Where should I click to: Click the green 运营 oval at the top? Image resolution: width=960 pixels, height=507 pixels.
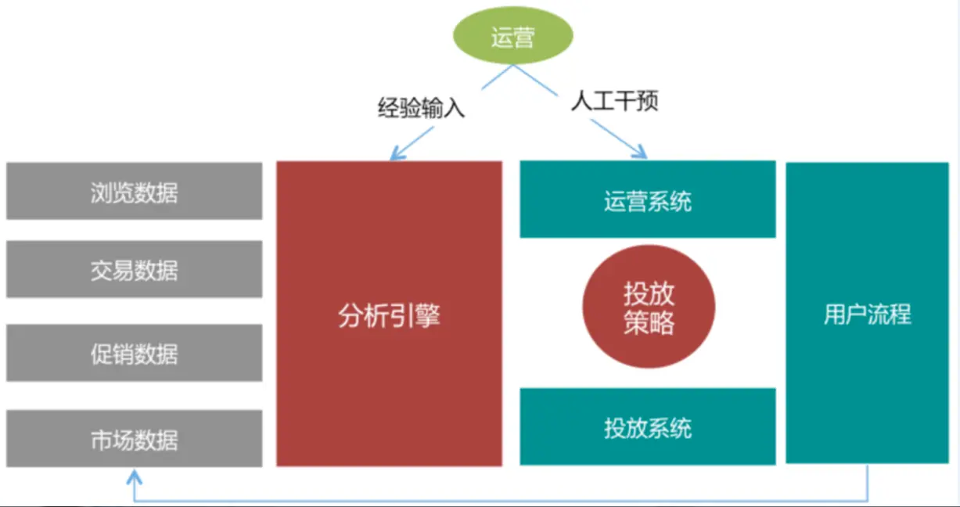point(513,36)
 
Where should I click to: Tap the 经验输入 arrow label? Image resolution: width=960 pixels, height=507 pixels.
point(421,107)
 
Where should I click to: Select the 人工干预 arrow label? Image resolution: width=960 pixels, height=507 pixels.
point(614,102)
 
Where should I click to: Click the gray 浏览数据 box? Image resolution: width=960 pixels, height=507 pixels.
point(134,191)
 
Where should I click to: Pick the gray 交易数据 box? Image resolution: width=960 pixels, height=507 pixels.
point(134,270)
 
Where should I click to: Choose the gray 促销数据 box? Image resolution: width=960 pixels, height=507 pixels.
point(134,354)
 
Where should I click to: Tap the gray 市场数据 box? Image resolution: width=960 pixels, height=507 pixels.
point(134,440)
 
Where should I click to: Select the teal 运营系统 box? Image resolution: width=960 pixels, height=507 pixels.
point(647,200)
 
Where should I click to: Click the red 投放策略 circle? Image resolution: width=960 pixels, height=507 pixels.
point(649,308)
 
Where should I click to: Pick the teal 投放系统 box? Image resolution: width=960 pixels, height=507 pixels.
point(647,427)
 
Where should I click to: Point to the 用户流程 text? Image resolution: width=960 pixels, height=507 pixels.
point(867,315)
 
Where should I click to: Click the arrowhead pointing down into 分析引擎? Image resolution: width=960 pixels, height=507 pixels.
point(396,156)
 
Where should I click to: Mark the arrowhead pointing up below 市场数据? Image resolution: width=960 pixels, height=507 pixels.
point(135,476)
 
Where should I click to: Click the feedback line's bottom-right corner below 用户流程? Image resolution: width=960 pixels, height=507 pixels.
point(867,500)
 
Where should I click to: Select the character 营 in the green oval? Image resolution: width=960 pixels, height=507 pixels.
point(524,37)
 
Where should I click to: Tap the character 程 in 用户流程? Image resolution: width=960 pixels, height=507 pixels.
point(900,315)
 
